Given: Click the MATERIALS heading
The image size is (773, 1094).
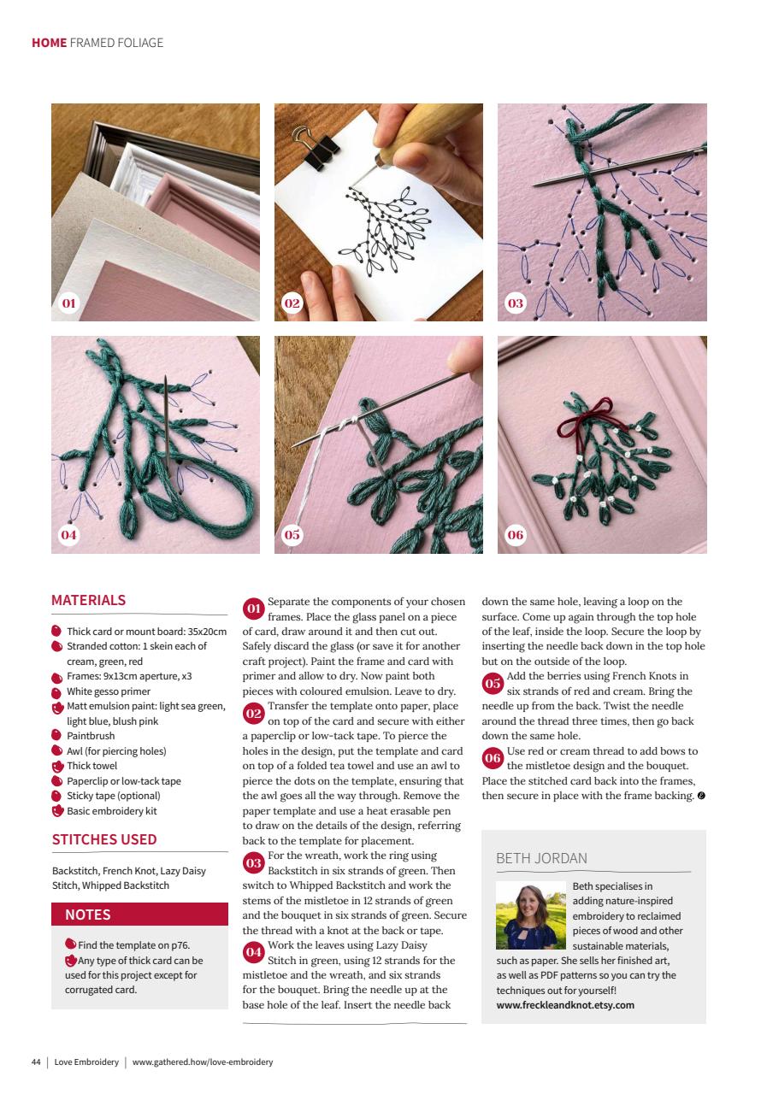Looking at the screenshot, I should tap(88, 600).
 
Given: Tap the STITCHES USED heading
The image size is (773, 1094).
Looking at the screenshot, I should tap(104, 839).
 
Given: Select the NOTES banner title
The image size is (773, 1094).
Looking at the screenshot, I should tap(88, 915).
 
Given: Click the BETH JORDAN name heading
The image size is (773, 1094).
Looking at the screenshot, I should tap(541, 858).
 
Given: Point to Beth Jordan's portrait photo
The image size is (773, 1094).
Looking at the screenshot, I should tap(530, 915).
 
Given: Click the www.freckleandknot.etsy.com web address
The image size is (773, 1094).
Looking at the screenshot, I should tap(565, 1005).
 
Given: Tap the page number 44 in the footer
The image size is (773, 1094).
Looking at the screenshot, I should tap(36, 1062).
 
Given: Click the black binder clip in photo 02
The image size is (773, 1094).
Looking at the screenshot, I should tap(303, 145).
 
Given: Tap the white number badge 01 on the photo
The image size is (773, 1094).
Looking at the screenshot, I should tap(69, 303).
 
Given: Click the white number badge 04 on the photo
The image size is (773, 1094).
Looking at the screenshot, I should tap(69, 535).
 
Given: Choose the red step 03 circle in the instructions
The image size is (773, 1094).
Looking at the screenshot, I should tap(254, 863).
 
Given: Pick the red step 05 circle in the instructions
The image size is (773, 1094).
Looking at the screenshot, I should tap(493, 684).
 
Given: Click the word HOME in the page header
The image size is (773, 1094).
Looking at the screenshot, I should tap(49, 43).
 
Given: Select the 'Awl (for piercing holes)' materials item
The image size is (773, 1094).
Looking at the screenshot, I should tap(116, 751).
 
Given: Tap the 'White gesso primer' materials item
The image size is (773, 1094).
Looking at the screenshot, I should tap(109, 691).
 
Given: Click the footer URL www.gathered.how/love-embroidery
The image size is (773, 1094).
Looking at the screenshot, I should tap(203, 1062).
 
